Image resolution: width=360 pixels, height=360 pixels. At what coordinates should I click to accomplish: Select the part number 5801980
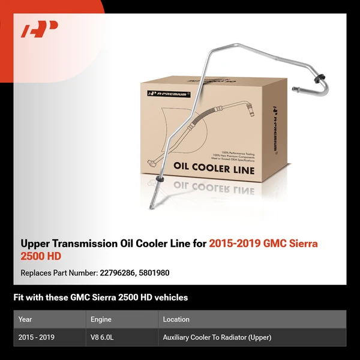click(154, 272)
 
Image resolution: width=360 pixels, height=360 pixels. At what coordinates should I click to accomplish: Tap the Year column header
click(25, 319)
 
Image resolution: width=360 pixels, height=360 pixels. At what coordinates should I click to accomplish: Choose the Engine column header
click(100, 319)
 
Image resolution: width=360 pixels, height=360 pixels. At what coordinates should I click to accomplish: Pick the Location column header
click(176, 319)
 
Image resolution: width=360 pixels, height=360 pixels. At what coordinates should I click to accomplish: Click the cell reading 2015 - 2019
click(37, 337)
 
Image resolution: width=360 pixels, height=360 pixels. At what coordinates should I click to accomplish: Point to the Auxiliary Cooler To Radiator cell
click(217, 337)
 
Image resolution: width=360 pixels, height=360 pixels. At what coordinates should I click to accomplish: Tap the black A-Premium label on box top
click(169, 94)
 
